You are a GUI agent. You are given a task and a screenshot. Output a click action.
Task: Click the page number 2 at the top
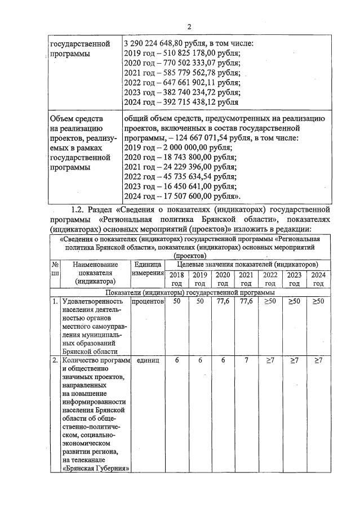189,26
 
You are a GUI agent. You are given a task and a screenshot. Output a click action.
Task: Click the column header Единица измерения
148,269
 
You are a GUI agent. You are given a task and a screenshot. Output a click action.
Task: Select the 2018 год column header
176,279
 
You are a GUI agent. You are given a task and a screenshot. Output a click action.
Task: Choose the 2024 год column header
319,279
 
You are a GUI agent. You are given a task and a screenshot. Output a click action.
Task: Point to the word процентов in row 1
148,302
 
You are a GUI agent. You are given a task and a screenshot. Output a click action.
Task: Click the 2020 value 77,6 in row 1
223,302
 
